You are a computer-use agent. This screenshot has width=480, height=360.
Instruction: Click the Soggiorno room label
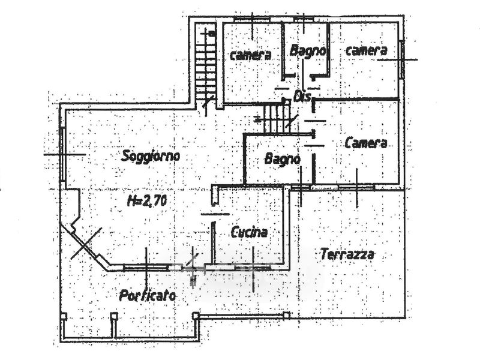click(x=151, y=157)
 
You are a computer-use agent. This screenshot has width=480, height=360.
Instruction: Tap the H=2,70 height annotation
click(x=147, y=202)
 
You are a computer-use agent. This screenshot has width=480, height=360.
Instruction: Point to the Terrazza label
click(x=347, y=254)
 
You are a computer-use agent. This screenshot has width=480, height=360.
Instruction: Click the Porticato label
click(x=148, y=295)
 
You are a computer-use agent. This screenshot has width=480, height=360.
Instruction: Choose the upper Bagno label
click(x=307, y=52)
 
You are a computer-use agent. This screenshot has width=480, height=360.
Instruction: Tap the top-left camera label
click(x=251, y=55)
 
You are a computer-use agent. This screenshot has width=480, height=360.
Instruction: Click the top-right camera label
click(x=366, y=51)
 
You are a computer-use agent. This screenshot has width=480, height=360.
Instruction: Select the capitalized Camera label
click(x=365, y=143)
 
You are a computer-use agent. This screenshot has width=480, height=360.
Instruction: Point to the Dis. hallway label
click(x=301, y=97)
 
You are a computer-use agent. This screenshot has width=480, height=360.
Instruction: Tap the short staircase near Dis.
click(x=277, y=117)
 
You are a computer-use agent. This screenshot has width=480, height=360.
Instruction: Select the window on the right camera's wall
click(x=401, y=59)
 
